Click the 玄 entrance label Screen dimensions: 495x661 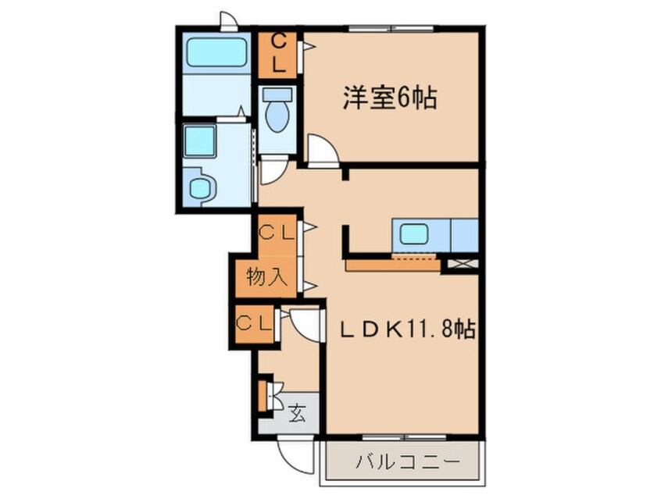tap(298, 411)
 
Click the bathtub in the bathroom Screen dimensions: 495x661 tap(216, 52)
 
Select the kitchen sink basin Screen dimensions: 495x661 tap(414, 234)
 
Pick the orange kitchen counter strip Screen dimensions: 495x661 tap(393, 265)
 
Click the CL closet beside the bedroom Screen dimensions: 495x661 tap(278, 53)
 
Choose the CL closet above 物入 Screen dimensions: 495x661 tap(277, 233)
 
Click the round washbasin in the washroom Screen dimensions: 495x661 tap(201, 187)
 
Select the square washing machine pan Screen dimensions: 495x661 tap(200, 142)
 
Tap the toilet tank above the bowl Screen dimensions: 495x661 tap(277, 95)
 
